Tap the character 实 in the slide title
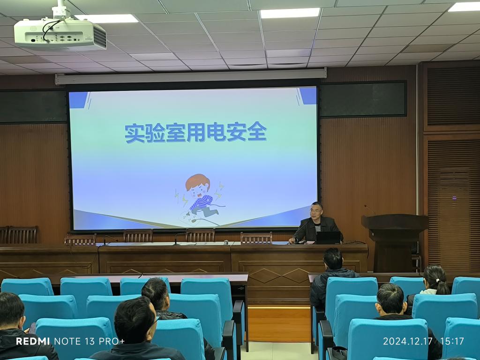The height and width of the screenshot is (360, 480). pyautogui.click(x=134, y=133)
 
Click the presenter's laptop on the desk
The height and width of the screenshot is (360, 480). pyautogui.click(x=328, y=238)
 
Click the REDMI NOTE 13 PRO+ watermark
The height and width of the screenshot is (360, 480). pyautogui.click(x=70, y=341)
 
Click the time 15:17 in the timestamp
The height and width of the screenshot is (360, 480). pyautogui.click(x=453, y=341)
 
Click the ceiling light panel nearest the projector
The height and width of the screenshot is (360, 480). pyautogui.click(x=107, y=18)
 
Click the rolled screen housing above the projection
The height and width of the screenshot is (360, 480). pyautogui.click(x=190, y=76)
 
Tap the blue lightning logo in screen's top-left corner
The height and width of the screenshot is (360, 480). pyautogui.click(x=79, y=99)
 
